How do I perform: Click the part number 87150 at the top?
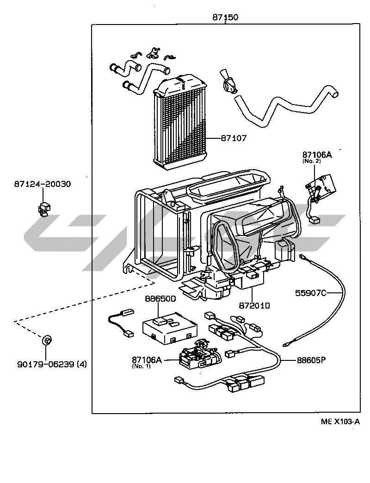(x=225, y=18)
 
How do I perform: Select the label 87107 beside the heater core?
(x=234, y=138)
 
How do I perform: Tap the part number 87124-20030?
(x=42, y=184)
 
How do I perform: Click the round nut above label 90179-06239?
(x=46, y=341)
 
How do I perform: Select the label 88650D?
(x=160, y=298)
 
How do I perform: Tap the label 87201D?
(x=255, y=305)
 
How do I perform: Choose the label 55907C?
(x=311, y=292)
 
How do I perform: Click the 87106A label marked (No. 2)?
(x=317, y=155)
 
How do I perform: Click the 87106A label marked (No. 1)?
(x=147, y=359)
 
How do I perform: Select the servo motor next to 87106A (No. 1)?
(x=196, y=356)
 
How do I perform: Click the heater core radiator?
(x=180, y=123)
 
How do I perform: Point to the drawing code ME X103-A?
(x=340, y=421)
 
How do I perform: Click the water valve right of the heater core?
(x=228, y=82)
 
